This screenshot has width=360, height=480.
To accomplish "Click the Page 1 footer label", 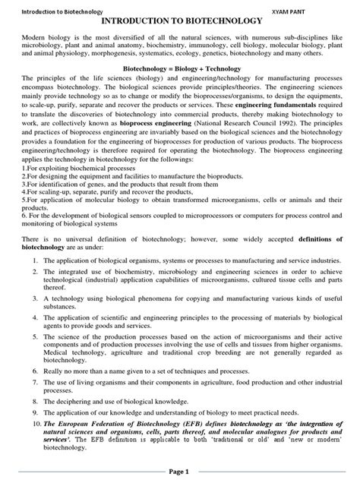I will (179, 471).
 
